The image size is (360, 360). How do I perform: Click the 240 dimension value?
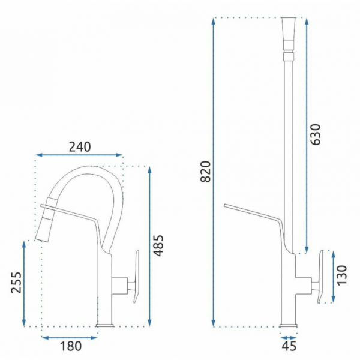click(80, 147)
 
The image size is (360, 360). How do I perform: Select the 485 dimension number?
click(158, 245)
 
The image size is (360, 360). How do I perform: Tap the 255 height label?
click(16, 283)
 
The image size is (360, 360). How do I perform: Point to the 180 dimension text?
click(71, 346)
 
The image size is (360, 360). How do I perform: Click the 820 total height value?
click(205, 172)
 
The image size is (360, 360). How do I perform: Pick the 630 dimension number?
click(315, 134)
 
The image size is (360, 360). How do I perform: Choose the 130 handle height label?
click(342, 275)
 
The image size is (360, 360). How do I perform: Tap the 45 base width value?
click(289, 346)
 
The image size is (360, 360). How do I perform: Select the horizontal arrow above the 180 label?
click(70, 337)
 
